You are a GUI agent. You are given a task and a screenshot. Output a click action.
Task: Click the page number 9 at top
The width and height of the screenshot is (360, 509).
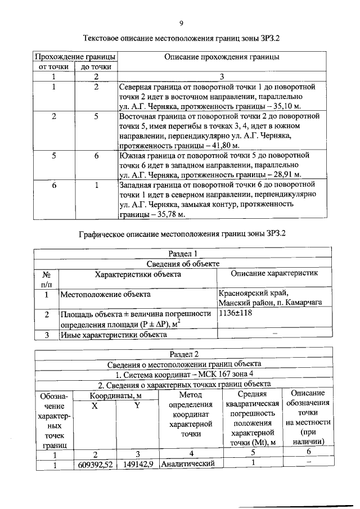181,23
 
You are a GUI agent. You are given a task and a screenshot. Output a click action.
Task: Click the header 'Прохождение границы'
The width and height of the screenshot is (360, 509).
75,57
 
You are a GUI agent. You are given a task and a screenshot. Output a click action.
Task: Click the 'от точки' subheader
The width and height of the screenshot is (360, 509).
53,67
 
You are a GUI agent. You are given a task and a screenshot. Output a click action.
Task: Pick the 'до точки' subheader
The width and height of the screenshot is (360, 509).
96,67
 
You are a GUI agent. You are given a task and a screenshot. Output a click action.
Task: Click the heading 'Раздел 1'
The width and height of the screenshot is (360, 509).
183,254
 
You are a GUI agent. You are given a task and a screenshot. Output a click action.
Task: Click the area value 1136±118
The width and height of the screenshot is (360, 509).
236,314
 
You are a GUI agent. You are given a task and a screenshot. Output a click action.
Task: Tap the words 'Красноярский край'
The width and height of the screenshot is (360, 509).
253,292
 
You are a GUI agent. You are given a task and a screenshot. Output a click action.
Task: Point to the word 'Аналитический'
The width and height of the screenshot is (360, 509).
188,464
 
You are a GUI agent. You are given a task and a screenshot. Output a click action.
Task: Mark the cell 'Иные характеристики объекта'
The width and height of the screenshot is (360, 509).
113,335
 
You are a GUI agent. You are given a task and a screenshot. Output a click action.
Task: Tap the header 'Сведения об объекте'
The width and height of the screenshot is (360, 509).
183,264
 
